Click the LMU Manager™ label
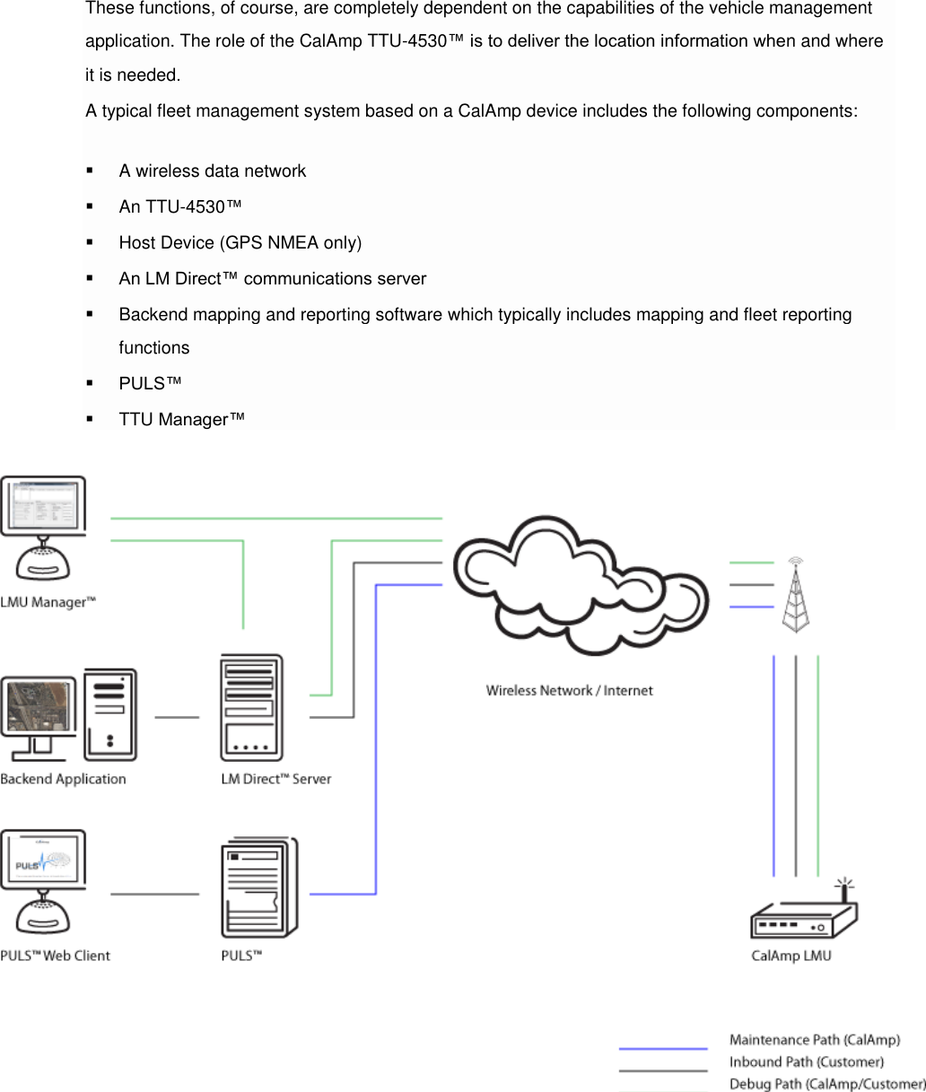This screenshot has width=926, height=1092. coord(48,602)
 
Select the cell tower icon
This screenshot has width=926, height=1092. coord(796,595)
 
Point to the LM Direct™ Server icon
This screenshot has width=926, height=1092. coord(251,707)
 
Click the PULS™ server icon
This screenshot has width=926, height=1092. coord(259,887)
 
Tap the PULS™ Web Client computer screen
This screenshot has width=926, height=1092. coord(43,860)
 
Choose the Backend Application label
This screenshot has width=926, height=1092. coord(63,779)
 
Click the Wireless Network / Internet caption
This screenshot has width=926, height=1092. coord(570,691)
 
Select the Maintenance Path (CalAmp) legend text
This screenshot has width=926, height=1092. coord(815,1040)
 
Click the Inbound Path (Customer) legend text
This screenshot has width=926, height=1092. coord(807,1061)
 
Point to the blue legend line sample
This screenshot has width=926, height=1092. coord(663,1048)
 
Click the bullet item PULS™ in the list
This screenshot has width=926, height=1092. coord(150,383)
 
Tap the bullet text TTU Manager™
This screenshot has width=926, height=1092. coord(182,419)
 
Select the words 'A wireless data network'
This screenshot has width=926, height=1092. coord(213,170)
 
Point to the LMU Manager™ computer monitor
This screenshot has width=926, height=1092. coord(43,505)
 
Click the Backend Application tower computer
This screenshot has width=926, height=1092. coord(110,714)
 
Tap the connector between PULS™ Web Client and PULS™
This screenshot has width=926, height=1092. coord(154,894)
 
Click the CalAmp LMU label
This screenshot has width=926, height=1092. coord(791,956)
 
